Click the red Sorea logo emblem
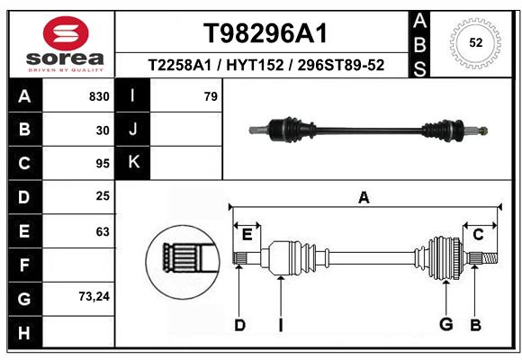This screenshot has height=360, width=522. click(66, 33)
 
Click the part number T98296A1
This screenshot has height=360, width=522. click(265, 33)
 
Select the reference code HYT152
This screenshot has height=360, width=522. click(255, 65)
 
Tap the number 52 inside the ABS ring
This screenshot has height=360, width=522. click(476, 42)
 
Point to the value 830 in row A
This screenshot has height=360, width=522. click(99, 96)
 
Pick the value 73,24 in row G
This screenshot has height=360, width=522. click(94, 296)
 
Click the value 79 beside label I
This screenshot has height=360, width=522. click(211, 96)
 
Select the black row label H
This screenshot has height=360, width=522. click(25, 332)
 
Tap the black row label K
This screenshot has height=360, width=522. click(133, 163)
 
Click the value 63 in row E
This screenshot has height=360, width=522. click(103, 231)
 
